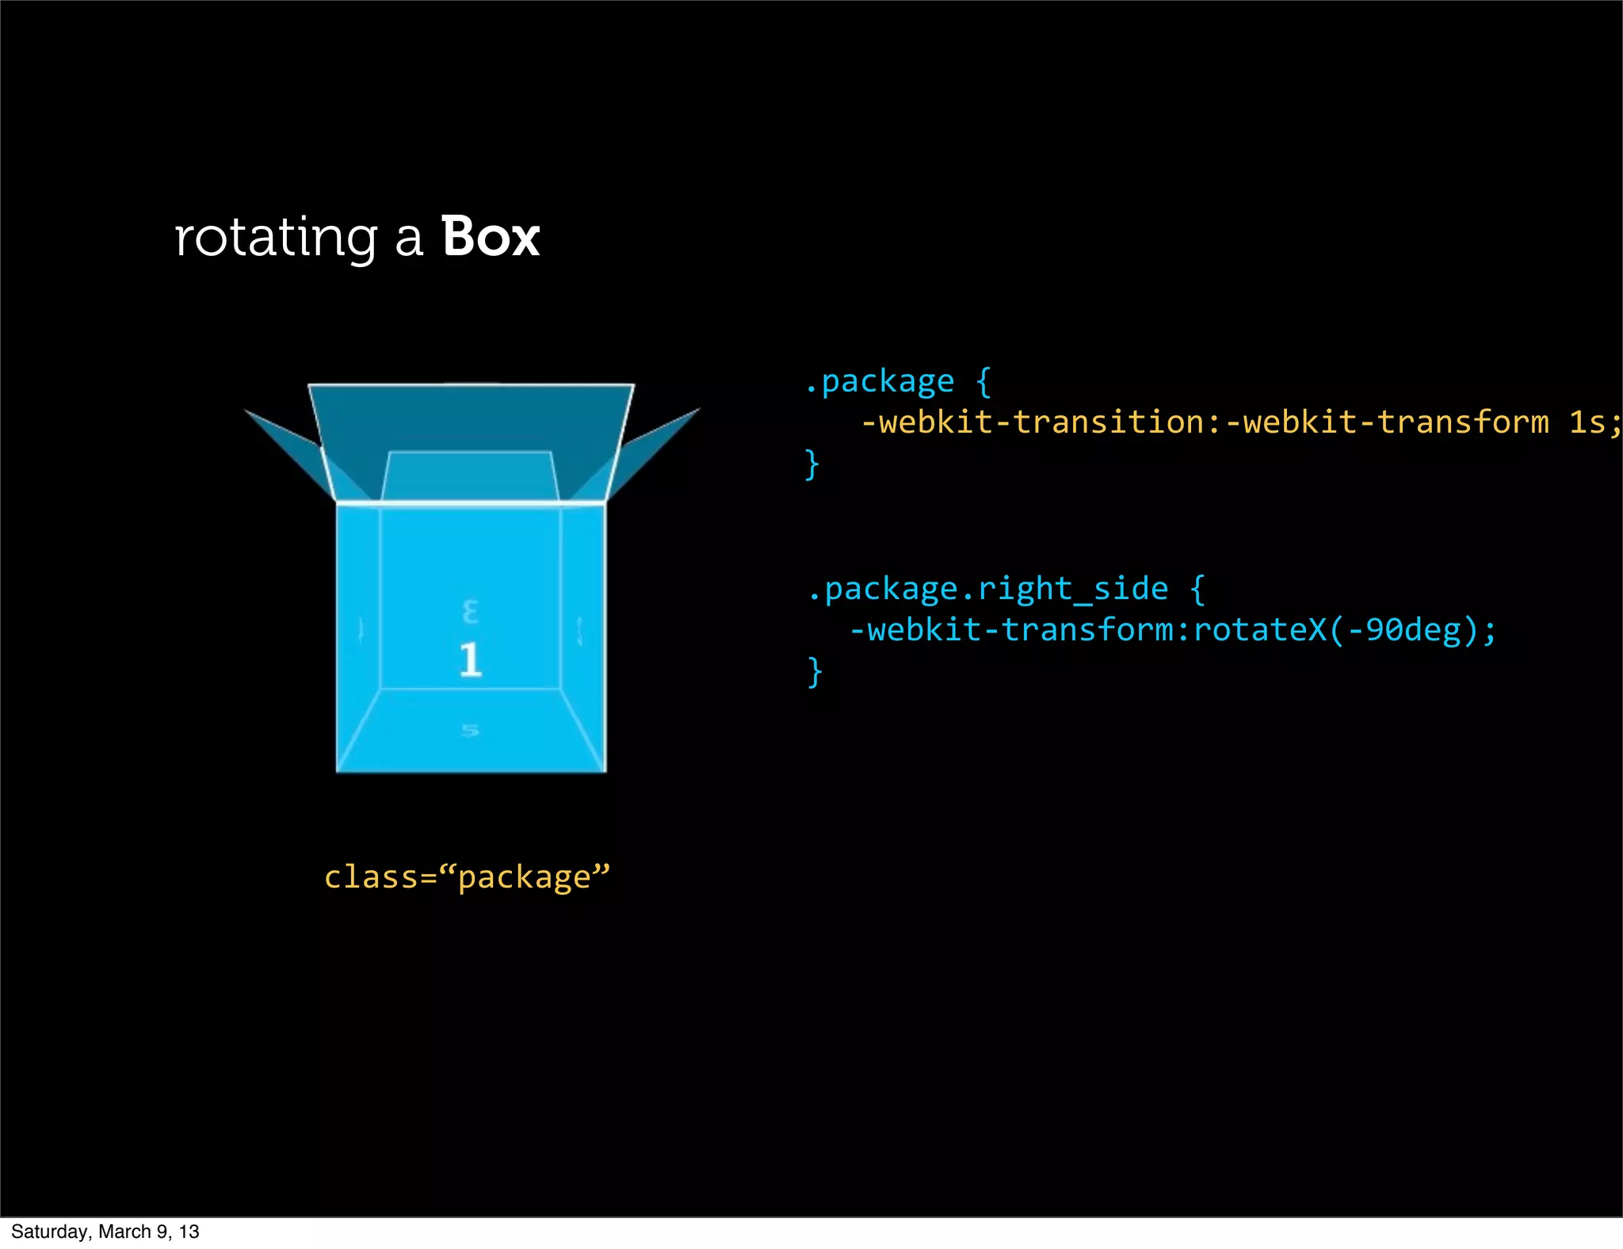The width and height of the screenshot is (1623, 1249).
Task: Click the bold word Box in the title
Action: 491,237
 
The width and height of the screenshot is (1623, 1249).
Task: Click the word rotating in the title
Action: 275,239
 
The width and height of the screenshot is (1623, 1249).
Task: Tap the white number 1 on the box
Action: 470,659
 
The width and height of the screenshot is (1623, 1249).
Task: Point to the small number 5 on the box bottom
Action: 470,730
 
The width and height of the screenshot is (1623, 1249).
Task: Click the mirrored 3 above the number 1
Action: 470,612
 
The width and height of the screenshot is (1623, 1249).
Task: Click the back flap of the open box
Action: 471,420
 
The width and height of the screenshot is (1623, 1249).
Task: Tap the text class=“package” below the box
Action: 467,877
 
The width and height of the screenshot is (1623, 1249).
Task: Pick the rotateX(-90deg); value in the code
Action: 1344,630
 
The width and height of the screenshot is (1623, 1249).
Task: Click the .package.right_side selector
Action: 987,589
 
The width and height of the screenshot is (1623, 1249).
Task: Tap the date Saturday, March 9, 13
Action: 105,1232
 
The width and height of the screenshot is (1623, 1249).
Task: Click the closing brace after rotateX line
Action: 815,671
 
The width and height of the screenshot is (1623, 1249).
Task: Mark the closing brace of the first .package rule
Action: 811,464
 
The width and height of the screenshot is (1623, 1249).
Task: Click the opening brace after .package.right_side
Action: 1197,589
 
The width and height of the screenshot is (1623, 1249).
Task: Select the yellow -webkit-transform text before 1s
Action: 1387,422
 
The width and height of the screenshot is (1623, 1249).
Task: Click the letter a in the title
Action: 409,239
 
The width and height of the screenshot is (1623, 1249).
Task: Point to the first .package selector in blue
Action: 879,382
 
